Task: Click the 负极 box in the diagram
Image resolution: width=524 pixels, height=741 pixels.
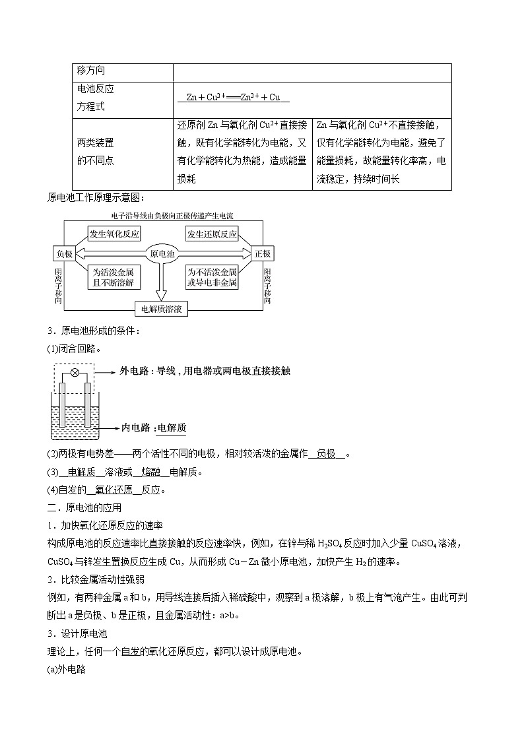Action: point(64,254)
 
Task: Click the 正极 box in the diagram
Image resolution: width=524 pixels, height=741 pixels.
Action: point(262,254)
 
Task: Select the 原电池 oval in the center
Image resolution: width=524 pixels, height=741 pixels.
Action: point(162,254)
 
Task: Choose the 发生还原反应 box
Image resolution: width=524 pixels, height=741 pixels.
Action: point(212,234)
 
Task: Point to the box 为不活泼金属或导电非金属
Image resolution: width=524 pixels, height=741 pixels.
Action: point(212,277)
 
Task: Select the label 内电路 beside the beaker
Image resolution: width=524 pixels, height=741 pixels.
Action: point(137,428)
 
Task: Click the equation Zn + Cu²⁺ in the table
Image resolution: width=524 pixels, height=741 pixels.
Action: point(233,98)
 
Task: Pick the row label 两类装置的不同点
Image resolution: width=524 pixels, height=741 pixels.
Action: point(96,151)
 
